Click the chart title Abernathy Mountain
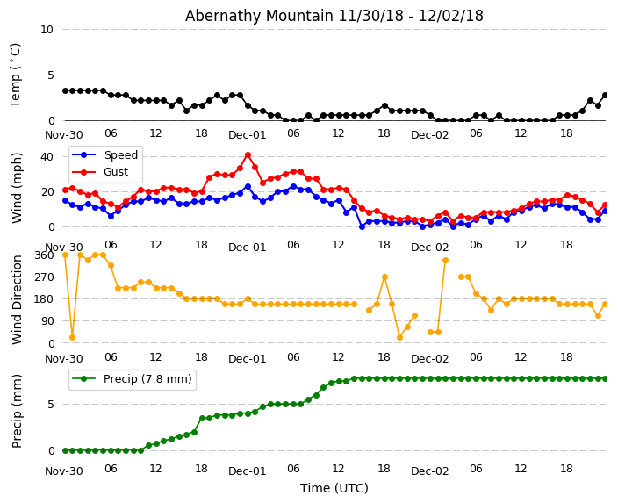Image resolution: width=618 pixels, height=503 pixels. [259, 16]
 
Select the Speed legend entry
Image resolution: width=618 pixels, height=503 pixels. [104, 154]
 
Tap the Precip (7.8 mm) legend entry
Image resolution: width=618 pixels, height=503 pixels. [132, 379]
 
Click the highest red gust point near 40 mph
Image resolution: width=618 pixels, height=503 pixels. [248, 155]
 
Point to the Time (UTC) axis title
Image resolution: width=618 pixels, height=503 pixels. [334, 488]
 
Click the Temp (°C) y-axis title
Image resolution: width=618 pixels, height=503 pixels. [16, 75]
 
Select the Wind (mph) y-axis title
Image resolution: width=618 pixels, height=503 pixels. [17, 188]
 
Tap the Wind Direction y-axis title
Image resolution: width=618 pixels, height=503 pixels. [17, 299]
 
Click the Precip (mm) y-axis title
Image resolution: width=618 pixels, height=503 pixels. [17, 411]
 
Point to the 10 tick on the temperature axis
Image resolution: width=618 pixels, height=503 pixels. [47, 30]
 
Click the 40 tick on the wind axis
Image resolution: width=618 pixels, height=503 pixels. [47, 157]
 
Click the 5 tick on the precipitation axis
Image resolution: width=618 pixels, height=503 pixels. [51, 405]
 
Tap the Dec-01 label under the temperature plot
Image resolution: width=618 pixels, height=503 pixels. [248, 135]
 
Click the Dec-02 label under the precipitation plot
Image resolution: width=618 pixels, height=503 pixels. [430, 471]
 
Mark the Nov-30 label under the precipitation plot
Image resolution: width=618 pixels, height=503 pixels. [64, 471]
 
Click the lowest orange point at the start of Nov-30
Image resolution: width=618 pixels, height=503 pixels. [73, 337]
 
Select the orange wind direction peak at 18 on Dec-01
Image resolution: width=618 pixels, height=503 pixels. [385, 277]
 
